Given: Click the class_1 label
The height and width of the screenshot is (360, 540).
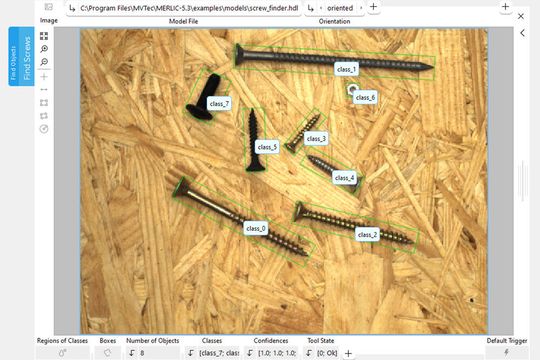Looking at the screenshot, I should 347,69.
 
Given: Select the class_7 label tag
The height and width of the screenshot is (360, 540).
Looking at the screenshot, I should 219,103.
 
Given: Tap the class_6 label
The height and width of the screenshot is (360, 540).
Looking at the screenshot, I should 365,98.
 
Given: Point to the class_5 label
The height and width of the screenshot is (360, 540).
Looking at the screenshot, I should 267,147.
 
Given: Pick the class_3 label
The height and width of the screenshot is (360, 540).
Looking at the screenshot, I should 316,138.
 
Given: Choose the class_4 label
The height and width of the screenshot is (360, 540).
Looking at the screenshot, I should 344,178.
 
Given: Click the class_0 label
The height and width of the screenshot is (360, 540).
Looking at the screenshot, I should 256,228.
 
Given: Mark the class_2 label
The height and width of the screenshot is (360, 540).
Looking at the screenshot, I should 368,234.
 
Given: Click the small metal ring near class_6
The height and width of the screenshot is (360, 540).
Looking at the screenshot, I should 352,92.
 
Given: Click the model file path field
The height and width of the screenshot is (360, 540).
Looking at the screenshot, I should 190,7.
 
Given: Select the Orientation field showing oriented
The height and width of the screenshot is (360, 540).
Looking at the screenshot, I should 339,7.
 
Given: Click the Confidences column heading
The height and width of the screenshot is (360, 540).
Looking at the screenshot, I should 270,341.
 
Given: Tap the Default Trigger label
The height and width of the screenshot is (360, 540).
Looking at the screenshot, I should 506,341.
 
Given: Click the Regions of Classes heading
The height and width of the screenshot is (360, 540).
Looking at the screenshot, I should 64,341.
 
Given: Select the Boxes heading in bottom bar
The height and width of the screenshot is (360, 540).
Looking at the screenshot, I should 108,341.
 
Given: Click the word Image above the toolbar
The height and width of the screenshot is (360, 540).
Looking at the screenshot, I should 48,20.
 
